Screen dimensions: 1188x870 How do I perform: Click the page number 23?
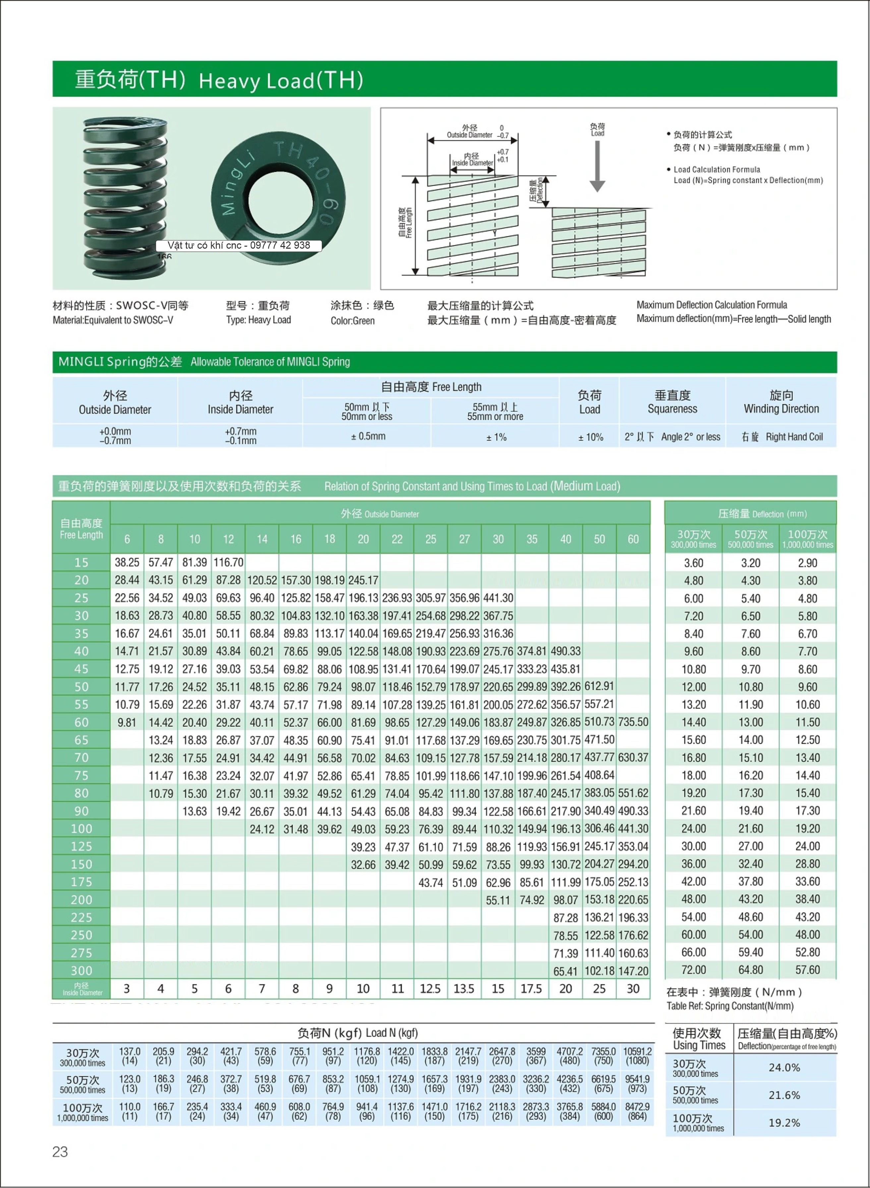pyautogui.click(x=60, y=1152)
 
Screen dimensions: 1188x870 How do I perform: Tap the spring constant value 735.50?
pyautogui.click(x=633, y=722)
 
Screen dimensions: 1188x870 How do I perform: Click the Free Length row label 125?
pyautogui.click(x=81, y=846)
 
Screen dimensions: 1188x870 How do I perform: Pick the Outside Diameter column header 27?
pyautogui.click(x=464, y=539)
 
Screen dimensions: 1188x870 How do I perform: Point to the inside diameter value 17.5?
pyautogui.click(x=531, y=989)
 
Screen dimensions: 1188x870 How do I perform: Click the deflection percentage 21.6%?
pyautogui.click(x=784, y=1095)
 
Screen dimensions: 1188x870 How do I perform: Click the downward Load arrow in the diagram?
pyautogui.click(x=597, y=166)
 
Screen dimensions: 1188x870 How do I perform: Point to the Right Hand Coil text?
pyautogui.click(x=794, y=437)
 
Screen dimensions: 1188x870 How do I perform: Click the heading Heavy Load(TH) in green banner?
pyautogui.click(x=281, y=81)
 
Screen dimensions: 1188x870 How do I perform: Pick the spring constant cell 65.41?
pyautogui.click(x=565, y=971)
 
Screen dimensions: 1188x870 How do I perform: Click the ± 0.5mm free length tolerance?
pyautogui.click(x=368, y=437)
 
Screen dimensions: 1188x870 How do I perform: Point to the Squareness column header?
pyautogui.click(x=672, y=402)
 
